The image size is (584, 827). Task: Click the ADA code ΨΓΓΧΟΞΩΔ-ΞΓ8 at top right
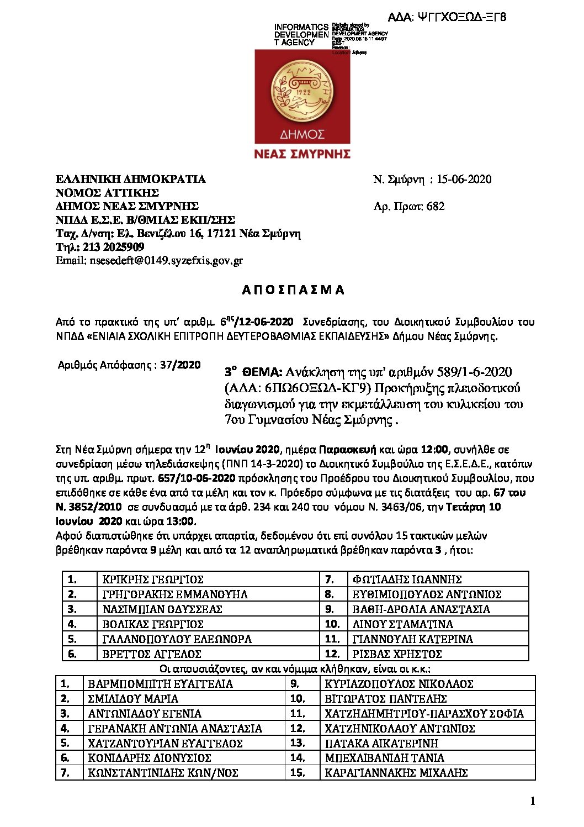pos(447,17)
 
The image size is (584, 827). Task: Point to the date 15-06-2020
pos(463,179)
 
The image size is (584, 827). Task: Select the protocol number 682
pos(436,206)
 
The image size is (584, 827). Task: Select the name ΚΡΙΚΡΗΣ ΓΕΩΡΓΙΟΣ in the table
pos(153,580)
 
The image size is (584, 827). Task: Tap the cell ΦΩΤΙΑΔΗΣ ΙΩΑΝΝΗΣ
pos(407,580)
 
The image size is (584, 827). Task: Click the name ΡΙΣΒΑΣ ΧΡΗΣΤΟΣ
pos(397,654)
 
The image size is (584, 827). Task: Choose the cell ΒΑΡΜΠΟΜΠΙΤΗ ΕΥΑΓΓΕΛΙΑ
pos(161,684)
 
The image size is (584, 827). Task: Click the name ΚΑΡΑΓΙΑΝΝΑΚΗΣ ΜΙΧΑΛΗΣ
pos(396,773)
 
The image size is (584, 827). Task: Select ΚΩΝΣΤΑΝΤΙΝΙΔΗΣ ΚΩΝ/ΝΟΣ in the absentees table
pos(163,773)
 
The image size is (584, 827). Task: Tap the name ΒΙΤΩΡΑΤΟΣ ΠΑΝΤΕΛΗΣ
pos(385,699)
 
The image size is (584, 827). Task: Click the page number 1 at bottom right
pos(532,802)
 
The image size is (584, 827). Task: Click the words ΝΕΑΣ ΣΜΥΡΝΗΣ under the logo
pos(302,154)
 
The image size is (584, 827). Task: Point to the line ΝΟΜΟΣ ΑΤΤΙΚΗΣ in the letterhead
pos(107,193)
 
